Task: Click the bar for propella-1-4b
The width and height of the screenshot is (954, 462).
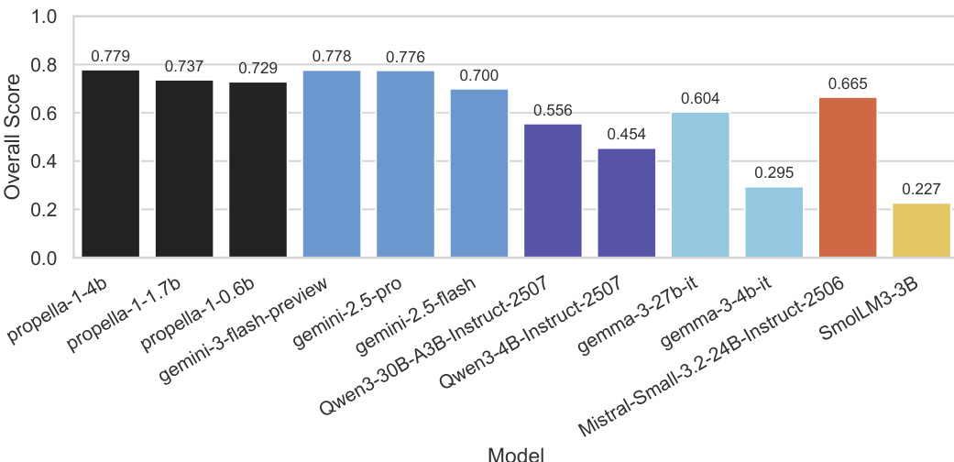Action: point(111,164)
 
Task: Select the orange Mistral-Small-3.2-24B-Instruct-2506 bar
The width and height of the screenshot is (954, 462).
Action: point(848,178)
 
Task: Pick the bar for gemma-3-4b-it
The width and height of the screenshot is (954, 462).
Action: point(774,222)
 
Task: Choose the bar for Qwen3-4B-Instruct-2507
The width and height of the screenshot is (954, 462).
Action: point(627,203)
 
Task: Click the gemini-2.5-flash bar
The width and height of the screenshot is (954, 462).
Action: point(479,173)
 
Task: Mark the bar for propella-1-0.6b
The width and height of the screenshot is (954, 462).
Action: point(258,170)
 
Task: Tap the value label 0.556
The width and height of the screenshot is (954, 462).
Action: point(553,111)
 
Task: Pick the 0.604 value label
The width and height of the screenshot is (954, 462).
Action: point(700,99)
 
